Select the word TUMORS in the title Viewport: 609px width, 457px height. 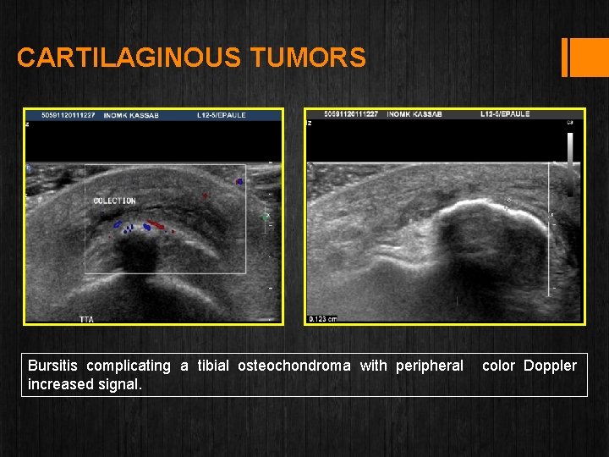(x=308, y=58)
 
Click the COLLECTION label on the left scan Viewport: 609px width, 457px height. (x=114, y=201)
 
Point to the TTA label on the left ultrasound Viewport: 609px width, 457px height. (x=86, y=319)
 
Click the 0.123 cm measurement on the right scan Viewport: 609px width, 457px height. (x=322, y=319)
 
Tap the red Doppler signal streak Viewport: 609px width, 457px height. (x=154, y=225)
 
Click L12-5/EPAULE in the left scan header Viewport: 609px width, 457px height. (x=222, y=114)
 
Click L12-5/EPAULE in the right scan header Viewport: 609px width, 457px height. (x=505, y=114)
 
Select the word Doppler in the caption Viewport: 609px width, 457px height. (x=550, y=366)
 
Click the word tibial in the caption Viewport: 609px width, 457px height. (x=214, y=366)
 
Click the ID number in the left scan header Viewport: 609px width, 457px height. (x=69, y=114)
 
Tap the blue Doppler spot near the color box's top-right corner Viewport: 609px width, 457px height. (x=239, y=181)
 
